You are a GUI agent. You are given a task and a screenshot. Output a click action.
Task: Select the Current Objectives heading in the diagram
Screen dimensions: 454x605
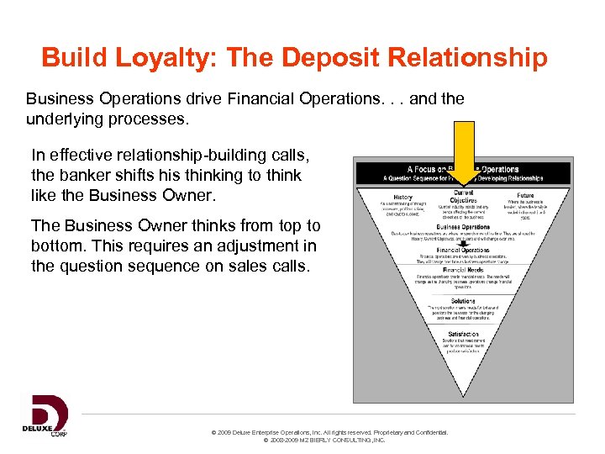tap(463, 197)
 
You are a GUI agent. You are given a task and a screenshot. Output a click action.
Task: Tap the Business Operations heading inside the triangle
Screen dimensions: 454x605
tap(463, 227)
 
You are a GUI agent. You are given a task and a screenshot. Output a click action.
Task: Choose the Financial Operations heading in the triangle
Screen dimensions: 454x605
tap(463, 250)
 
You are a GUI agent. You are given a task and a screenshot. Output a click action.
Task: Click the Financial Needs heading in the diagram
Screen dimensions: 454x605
tap(463, 270)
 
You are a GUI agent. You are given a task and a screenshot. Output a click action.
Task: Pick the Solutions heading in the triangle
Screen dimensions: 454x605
tap(463, 300)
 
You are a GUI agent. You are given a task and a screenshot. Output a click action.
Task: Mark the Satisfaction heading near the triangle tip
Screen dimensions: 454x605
tap(463, 334)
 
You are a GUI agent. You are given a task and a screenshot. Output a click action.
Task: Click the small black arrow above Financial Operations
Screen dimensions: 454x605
tap(463, 241)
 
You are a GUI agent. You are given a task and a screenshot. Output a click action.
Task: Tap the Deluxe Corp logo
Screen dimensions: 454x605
tap(45, 415)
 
